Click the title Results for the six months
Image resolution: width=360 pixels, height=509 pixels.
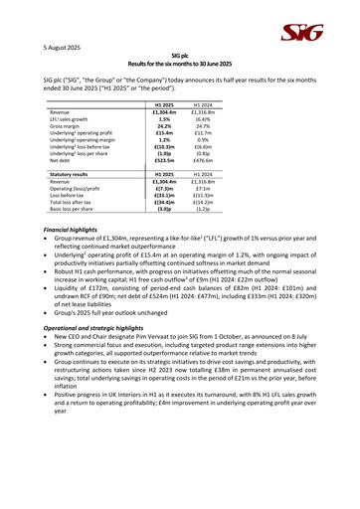coord(180,65)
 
